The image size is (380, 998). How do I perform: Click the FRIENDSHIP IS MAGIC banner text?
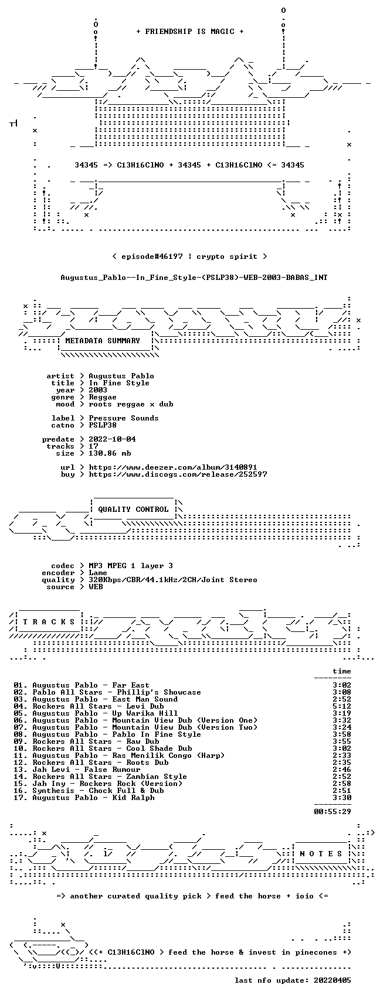click(190, 31)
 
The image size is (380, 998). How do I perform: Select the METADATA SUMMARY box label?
click(103, 341)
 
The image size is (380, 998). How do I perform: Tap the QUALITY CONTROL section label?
click(133, 509)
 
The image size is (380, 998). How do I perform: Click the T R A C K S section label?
click(49, 621)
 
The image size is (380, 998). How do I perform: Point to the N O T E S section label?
click(321, 854)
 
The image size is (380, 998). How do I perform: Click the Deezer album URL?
click(173, 467)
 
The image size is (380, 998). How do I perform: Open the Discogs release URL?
click(178, 474)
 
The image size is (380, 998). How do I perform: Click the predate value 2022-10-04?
click(112, 439)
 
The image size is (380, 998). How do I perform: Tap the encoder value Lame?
click(98, 573)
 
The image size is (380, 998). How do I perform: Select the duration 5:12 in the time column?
click(342, 706)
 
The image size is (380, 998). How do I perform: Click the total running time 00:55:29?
click(333, 811)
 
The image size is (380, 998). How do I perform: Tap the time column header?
click(342, 671)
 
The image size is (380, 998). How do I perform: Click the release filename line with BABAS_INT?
click(194, 278)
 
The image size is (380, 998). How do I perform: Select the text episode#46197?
click(152, 257)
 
